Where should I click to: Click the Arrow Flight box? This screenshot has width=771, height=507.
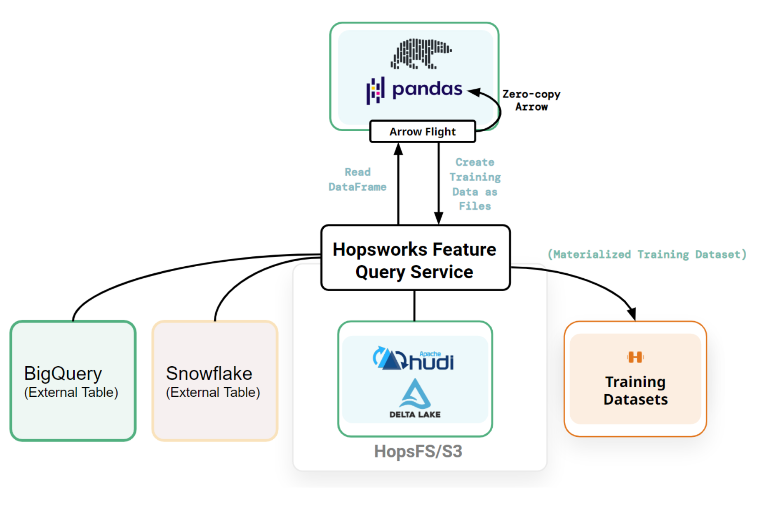[423, 132]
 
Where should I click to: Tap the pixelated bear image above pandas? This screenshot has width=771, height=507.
[421, 54]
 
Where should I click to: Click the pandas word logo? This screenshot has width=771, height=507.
[427, 89]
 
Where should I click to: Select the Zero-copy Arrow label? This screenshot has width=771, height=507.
[531, 100]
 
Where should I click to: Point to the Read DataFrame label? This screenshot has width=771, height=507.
[357, 180]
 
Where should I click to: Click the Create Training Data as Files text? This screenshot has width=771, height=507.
[475, 184]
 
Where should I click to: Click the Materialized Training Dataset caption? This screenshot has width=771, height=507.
[647, 254]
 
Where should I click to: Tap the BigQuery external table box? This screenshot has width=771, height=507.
[73, 381]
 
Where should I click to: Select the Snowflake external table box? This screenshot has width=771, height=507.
[215, 381]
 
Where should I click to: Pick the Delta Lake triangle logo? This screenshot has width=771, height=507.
[415, 394]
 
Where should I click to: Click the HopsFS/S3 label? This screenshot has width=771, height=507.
[418, 451]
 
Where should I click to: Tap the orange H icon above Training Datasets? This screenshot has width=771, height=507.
[635, 357]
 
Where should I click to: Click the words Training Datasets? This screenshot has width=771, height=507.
[635, 391]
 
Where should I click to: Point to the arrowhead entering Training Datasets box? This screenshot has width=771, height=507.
[632, 314]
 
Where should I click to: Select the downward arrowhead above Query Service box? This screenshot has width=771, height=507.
[439, 218]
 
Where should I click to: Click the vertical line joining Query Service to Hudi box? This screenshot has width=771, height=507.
[414, 306]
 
